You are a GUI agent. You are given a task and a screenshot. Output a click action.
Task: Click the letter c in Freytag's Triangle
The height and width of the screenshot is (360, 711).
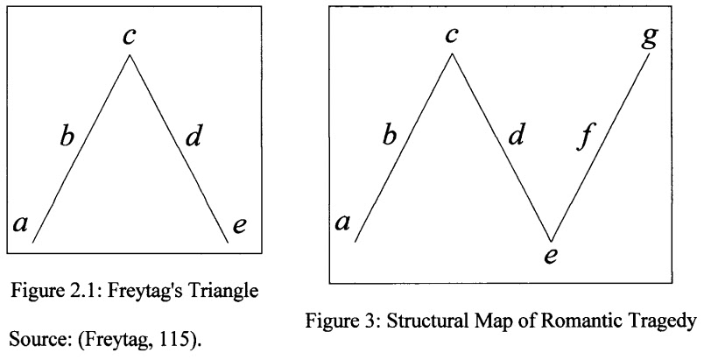(129, 38)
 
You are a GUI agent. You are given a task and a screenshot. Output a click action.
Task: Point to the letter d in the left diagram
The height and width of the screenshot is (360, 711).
(194, 137)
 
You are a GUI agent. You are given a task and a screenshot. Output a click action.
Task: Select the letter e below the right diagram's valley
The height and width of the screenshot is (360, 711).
(552, 257)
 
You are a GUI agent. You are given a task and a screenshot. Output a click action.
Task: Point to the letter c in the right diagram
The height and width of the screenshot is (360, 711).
(452, 37)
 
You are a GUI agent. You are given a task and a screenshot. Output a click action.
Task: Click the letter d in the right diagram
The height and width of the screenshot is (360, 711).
(517, 137)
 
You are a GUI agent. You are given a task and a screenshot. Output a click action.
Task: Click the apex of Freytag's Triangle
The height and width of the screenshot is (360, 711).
(130, 56)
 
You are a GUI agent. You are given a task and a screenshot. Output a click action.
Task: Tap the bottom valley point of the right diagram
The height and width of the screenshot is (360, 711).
(551, 241)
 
